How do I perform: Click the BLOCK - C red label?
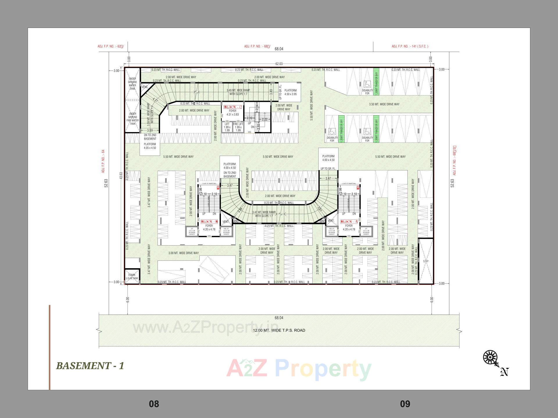[x=233, y=107]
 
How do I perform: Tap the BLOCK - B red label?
[x=209, y=222]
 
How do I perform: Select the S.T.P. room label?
[x=426, y=261]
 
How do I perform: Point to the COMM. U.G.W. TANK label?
[x=132, y=277]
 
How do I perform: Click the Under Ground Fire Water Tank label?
[x=133, y=119]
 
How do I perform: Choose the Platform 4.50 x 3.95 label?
[x=290, y=92]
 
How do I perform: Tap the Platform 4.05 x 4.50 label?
[x=150, y=146]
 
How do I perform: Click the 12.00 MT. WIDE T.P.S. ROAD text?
[x=279, y=330]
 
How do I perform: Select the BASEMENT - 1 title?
[x=90, y=366]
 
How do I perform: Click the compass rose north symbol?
[x=491, y=357]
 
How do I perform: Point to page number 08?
[x=154, y=404]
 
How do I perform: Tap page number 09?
[x=405, y=404]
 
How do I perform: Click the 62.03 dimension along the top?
[x=279, y=64]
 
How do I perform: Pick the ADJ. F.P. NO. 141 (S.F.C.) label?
[x=410, y=46]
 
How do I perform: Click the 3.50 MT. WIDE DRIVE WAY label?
[x=384, y=104]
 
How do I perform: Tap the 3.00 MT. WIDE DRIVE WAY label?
[x=184, y=253]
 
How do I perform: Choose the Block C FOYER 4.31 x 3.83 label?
[x=233, y=113]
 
